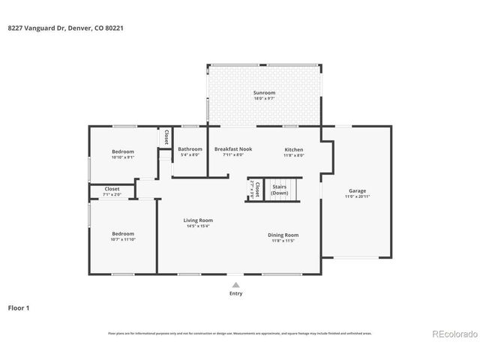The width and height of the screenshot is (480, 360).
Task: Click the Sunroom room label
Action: [x=263, y=93]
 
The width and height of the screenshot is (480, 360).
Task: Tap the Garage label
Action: [x=357, y=190]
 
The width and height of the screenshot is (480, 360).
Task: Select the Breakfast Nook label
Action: [x=233, y=149]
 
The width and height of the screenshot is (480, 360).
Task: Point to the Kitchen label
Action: [x=293, y=149]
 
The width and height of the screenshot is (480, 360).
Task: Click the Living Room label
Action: [x=199, y=220]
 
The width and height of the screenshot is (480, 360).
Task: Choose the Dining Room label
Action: [x=283, y=235]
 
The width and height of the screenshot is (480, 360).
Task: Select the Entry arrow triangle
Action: [x=236, y=285]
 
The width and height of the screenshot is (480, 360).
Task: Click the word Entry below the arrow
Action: [x=236, y=294]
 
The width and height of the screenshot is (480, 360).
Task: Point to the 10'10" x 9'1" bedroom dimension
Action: [x=123, y=157]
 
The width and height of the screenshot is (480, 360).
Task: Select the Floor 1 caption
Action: [x=19, y=307]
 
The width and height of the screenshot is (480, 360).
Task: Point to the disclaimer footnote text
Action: [x=239, y=333]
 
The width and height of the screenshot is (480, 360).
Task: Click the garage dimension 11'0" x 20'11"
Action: [x=357, y=196]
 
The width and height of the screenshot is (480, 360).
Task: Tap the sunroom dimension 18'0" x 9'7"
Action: [x=263, y=99]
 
